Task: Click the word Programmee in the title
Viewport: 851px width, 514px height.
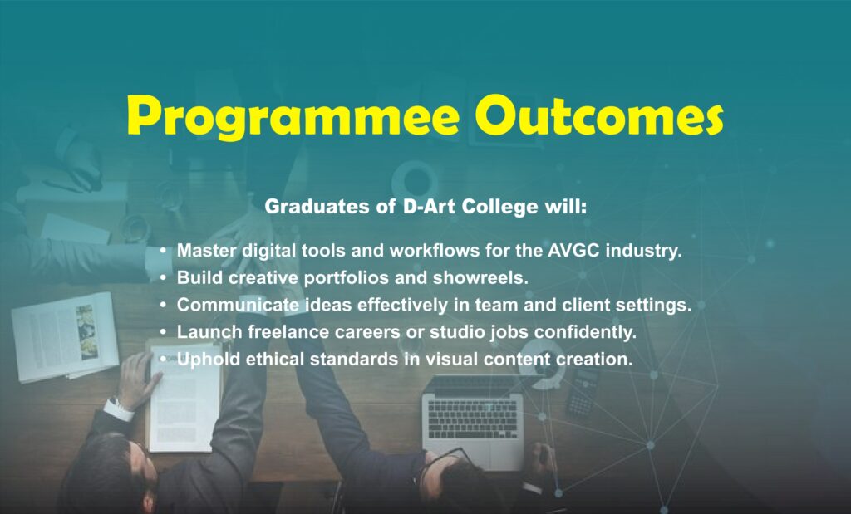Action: [x=293, y=116]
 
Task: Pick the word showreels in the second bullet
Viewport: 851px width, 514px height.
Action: [x=480, y=277]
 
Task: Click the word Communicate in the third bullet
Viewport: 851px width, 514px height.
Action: [x=239, y=305]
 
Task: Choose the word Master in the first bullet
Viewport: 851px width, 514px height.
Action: [x=207, y=251]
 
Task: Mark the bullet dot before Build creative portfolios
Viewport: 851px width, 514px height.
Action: [x=163, y=277]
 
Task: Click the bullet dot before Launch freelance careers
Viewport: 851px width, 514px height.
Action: [x=163, y=332]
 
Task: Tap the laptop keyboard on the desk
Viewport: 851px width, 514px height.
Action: [x=473, y=419]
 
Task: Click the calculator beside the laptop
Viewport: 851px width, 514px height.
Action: [x=583, y=391]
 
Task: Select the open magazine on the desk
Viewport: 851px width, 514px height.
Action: [x=64, y=336]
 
